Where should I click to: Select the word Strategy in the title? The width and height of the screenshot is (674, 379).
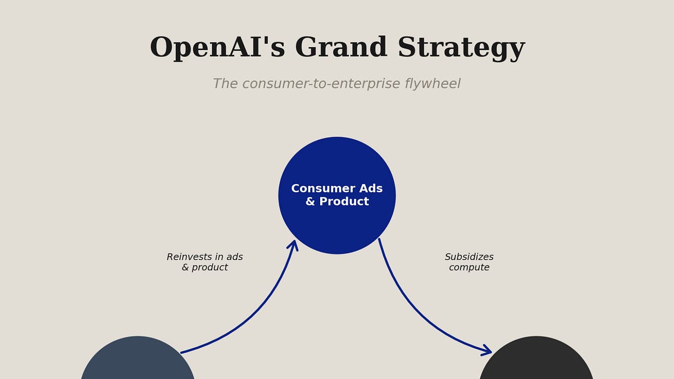[x=461, y=49]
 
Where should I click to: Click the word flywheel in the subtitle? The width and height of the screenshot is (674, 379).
[x=432, y=84]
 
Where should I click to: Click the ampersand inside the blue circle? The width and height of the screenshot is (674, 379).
[x=310, y=202]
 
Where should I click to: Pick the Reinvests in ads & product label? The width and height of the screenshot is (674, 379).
[x=204, y=262]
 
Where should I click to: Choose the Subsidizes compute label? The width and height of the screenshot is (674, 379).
[x=469, y=262]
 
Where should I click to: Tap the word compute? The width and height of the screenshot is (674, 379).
[x=469, y=268]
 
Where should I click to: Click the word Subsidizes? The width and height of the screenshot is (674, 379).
[x=469, y=257]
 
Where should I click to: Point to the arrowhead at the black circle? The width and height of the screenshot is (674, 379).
[x=486, y=351]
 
